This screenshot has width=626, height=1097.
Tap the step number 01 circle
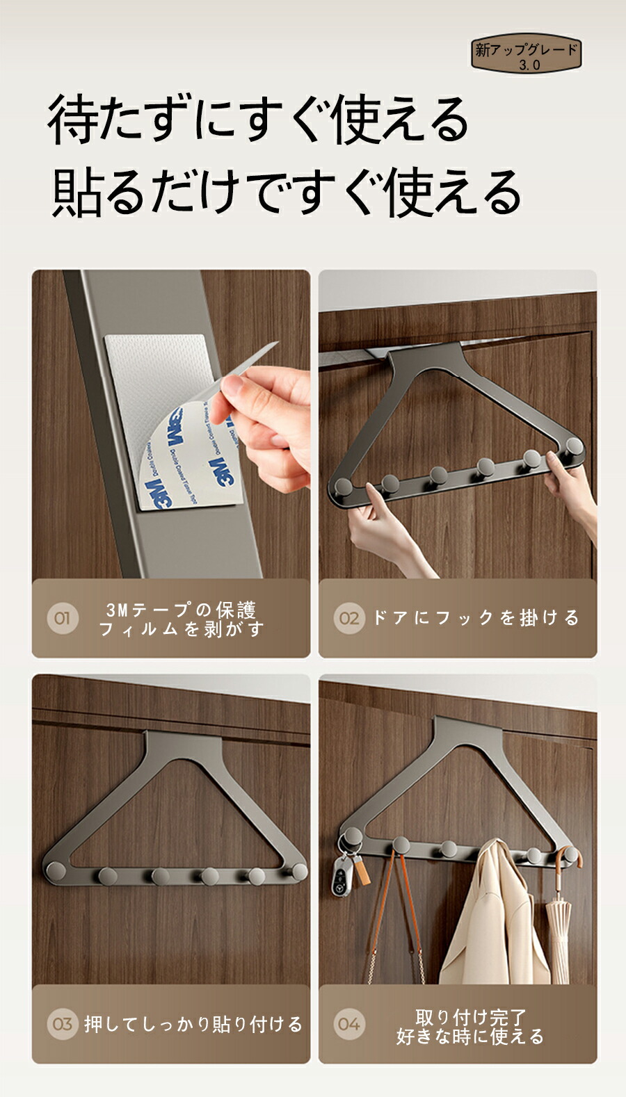click(x=62, y=618)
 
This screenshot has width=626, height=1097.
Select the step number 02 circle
click(x=348, y=618)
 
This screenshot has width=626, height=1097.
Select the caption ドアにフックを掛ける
click(x=476, y=618)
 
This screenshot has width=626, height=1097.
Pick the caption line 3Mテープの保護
click(x=182, y=610)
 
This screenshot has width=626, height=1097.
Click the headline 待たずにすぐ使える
click(x=258, y=120)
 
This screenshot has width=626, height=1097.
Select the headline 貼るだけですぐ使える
click(x=286, y=192)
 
